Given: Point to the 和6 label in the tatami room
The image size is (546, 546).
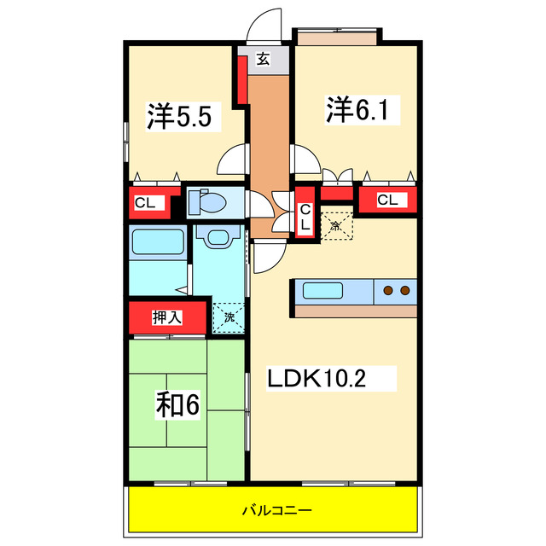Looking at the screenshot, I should [x=177, y=405].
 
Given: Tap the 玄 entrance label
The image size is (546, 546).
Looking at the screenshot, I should [x=263, y=60].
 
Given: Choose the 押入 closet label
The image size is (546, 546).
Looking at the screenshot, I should [x=167, y=318].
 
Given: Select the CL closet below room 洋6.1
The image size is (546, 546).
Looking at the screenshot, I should [x=387, y=200].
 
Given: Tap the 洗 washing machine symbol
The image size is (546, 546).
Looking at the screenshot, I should [x=228, y=317].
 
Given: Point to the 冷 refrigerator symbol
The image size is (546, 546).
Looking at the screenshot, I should [x=336, y=226].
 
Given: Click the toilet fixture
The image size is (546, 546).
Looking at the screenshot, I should [x=208, y=203].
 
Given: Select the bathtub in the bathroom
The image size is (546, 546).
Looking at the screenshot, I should [x=158, y=244].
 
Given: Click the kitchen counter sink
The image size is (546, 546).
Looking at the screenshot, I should [x=323, y=291].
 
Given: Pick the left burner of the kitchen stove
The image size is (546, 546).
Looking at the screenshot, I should [x=389, y=291].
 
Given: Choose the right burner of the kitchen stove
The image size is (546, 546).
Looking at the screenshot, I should [x=404, y=291].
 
